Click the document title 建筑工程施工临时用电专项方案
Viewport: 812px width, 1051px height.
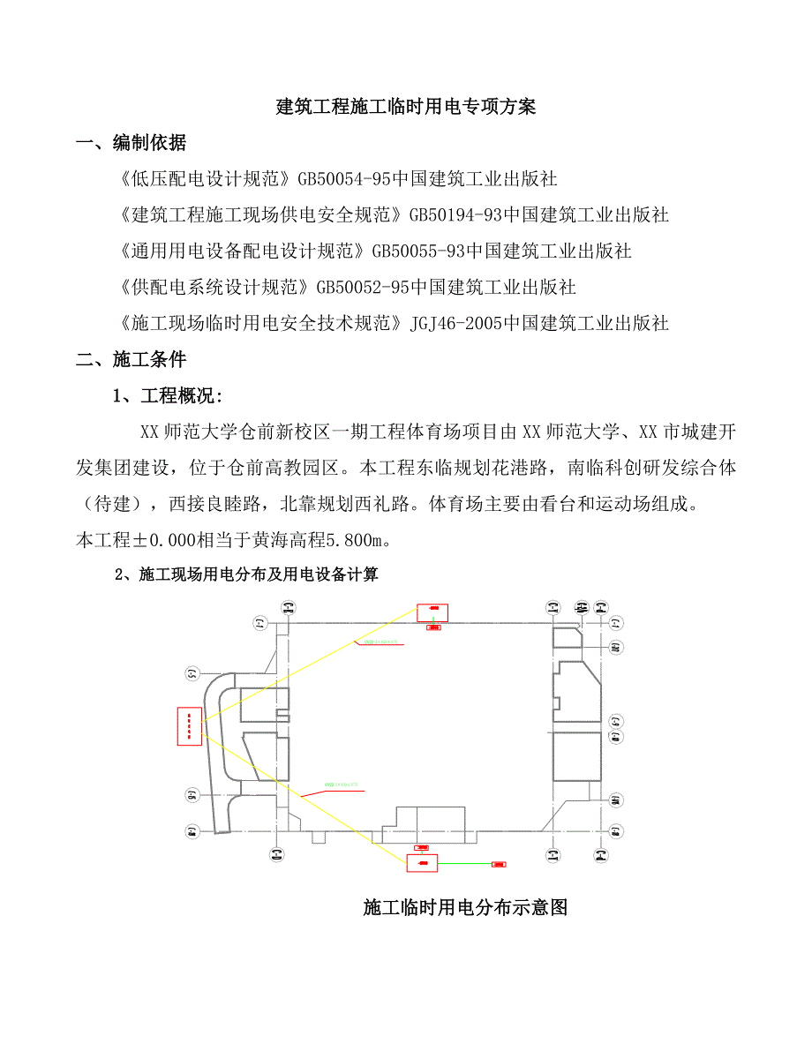point(406,108)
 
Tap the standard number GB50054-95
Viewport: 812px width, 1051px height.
point(344,179)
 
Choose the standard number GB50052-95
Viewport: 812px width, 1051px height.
point(363,288)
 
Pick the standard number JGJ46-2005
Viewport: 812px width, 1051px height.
point(456,324)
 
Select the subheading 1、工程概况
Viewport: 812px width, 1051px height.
point(168,396)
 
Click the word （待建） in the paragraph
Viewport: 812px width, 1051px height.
point(113,505)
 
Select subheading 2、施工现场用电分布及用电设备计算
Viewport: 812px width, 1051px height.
point(247,575)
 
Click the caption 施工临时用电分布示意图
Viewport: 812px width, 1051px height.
point(464,907)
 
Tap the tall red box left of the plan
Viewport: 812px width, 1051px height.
point(190,726)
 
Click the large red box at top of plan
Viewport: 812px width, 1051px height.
point(432,612)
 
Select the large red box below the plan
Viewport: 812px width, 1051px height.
point(422,862)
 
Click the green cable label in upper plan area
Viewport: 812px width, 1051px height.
point(380,642)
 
